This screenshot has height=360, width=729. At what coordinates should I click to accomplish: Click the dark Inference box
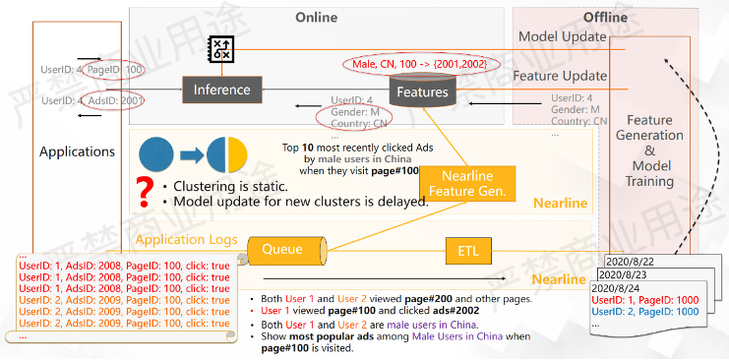click(x=221, y=90)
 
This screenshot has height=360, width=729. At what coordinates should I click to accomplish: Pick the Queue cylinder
click(x=285, y=251)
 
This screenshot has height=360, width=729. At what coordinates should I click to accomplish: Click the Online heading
click(x=316, y=18)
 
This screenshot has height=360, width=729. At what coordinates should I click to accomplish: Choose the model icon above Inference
click(x=221, y=50)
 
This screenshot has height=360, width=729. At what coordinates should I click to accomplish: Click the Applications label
click(x=77, y=151)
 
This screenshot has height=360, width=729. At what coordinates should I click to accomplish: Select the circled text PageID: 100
click(x=116, y=70)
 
